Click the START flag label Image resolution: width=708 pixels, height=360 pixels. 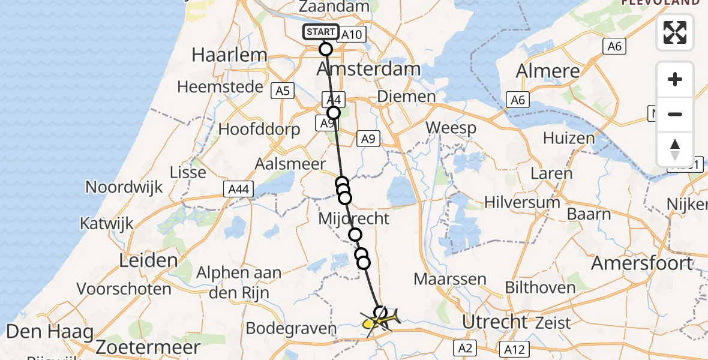321,32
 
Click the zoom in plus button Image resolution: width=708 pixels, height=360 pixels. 675,80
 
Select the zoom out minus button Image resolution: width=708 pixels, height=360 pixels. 675,115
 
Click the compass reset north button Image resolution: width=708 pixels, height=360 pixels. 675,149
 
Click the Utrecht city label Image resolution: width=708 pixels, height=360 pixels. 496,322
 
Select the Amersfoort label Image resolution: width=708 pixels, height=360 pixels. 642,263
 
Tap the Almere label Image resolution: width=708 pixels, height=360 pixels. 548,71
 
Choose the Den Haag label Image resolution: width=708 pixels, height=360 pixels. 50,331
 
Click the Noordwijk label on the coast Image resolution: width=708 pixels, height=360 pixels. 124,187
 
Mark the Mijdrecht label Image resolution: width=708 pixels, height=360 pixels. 353,218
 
